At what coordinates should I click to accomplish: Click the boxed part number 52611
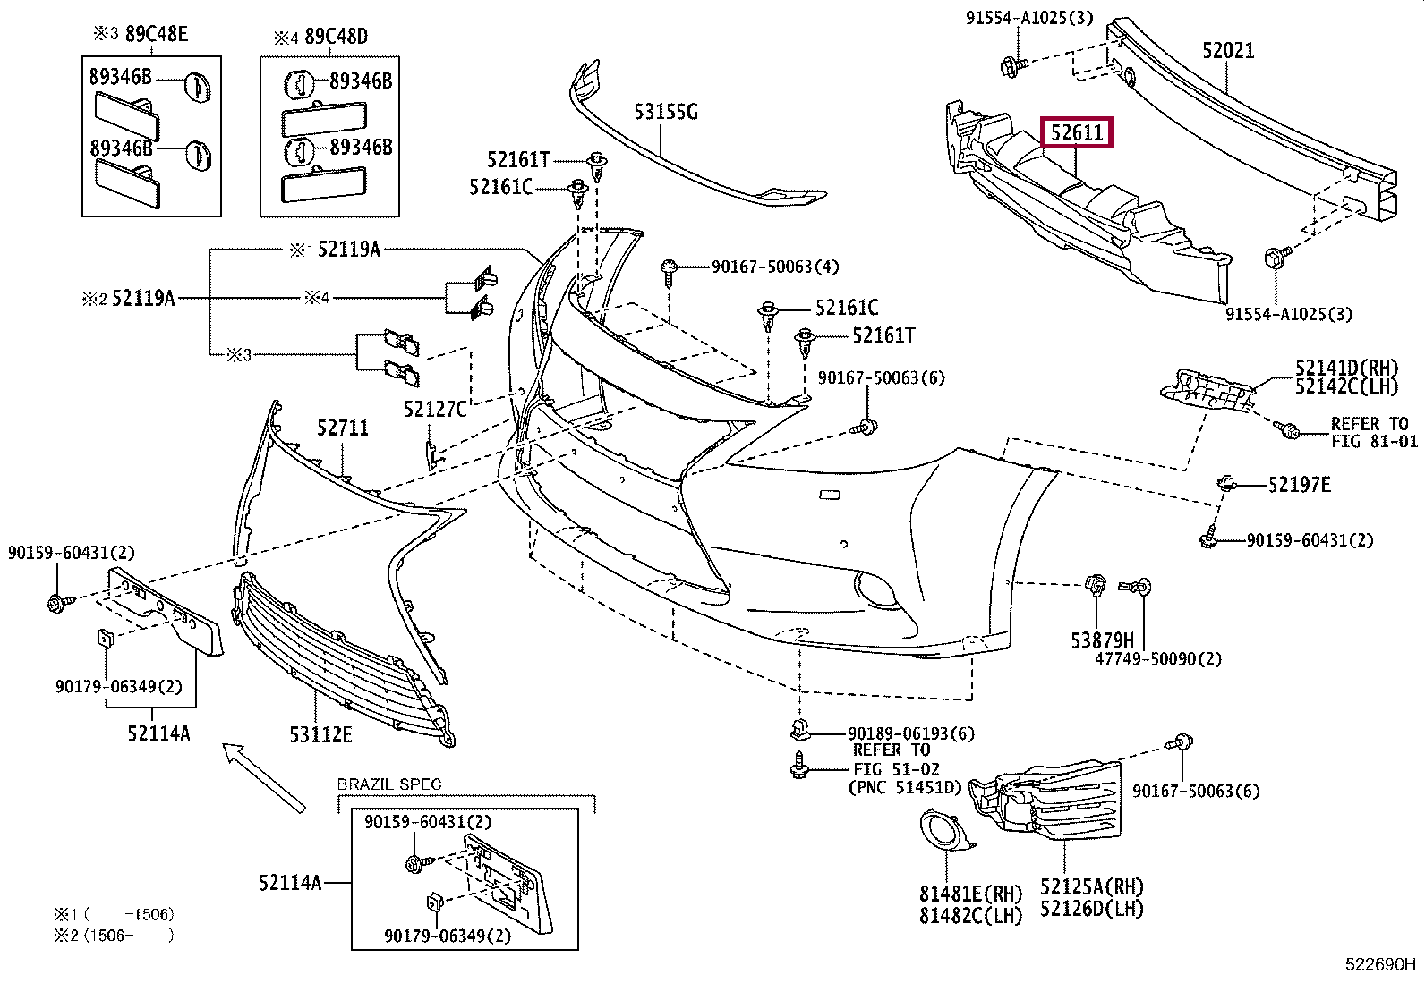pyautogui.click(x=1077, y=132)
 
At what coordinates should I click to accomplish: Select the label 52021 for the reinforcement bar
pyautogui.click(x=1228, y=50)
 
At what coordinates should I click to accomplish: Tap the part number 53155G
pyautogui.click(x=665, y=112)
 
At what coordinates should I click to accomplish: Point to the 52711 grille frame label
pyautogui.click(x=342, y=428)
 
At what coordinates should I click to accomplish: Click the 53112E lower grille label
pyautogui.click(x=320, y=734)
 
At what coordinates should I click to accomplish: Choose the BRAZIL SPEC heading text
pyautogui.click(x=388, y=784)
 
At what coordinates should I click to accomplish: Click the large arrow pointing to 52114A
pyautogui.click(x=263, y=777)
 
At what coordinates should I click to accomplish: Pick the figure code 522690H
pyautogui.click(x=1380, y=964)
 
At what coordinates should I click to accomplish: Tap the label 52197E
pyautogui.click(x=1299, y=485)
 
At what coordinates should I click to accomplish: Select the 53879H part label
pyautogui.click(x=1103, y=640)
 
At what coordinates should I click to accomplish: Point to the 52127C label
pyautogui.click(x=435, y=409)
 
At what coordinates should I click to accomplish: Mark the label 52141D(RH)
pyautogui.click(x=1346, y=368)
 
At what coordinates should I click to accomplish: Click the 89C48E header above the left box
pyautogui.click(x=157, y=33)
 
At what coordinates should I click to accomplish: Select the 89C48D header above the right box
pyautogui.click(x=336, y=37)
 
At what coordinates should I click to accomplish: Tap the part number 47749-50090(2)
pyautogui.click(x=1158, y=658)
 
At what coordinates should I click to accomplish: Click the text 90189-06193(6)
pyautogui.click(x=911, y=733)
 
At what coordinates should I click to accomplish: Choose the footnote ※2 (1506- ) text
pyautogui.click(x=114, y=936)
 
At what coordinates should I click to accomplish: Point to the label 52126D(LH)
pyautogui.click(x=1092, y=909)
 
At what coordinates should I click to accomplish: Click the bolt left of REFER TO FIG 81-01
pyautogui.click(x=1285, y=430)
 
